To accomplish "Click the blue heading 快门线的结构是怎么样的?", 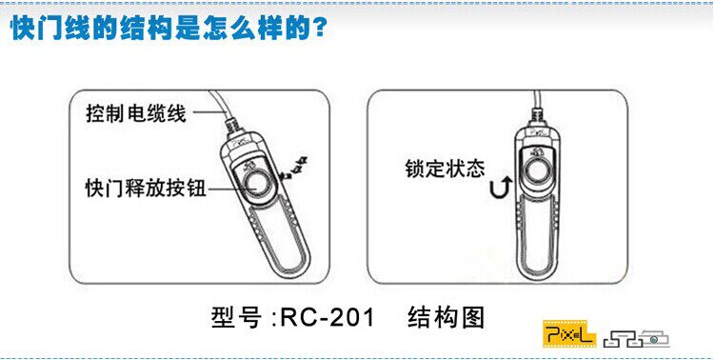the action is (169, 29).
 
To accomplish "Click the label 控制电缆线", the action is (136, 112).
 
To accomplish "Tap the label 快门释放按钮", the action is (146, 188).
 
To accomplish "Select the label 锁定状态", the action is (445, 169).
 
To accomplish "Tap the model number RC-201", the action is (328, 316).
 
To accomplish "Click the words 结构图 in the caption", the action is (446, 317).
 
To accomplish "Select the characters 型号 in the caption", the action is (237, 317).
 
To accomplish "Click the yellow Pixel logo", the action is (569, 333).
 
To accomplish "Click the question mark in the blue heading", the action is (320, 29).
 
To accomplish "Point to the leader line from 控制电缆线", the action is (209, 111).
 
